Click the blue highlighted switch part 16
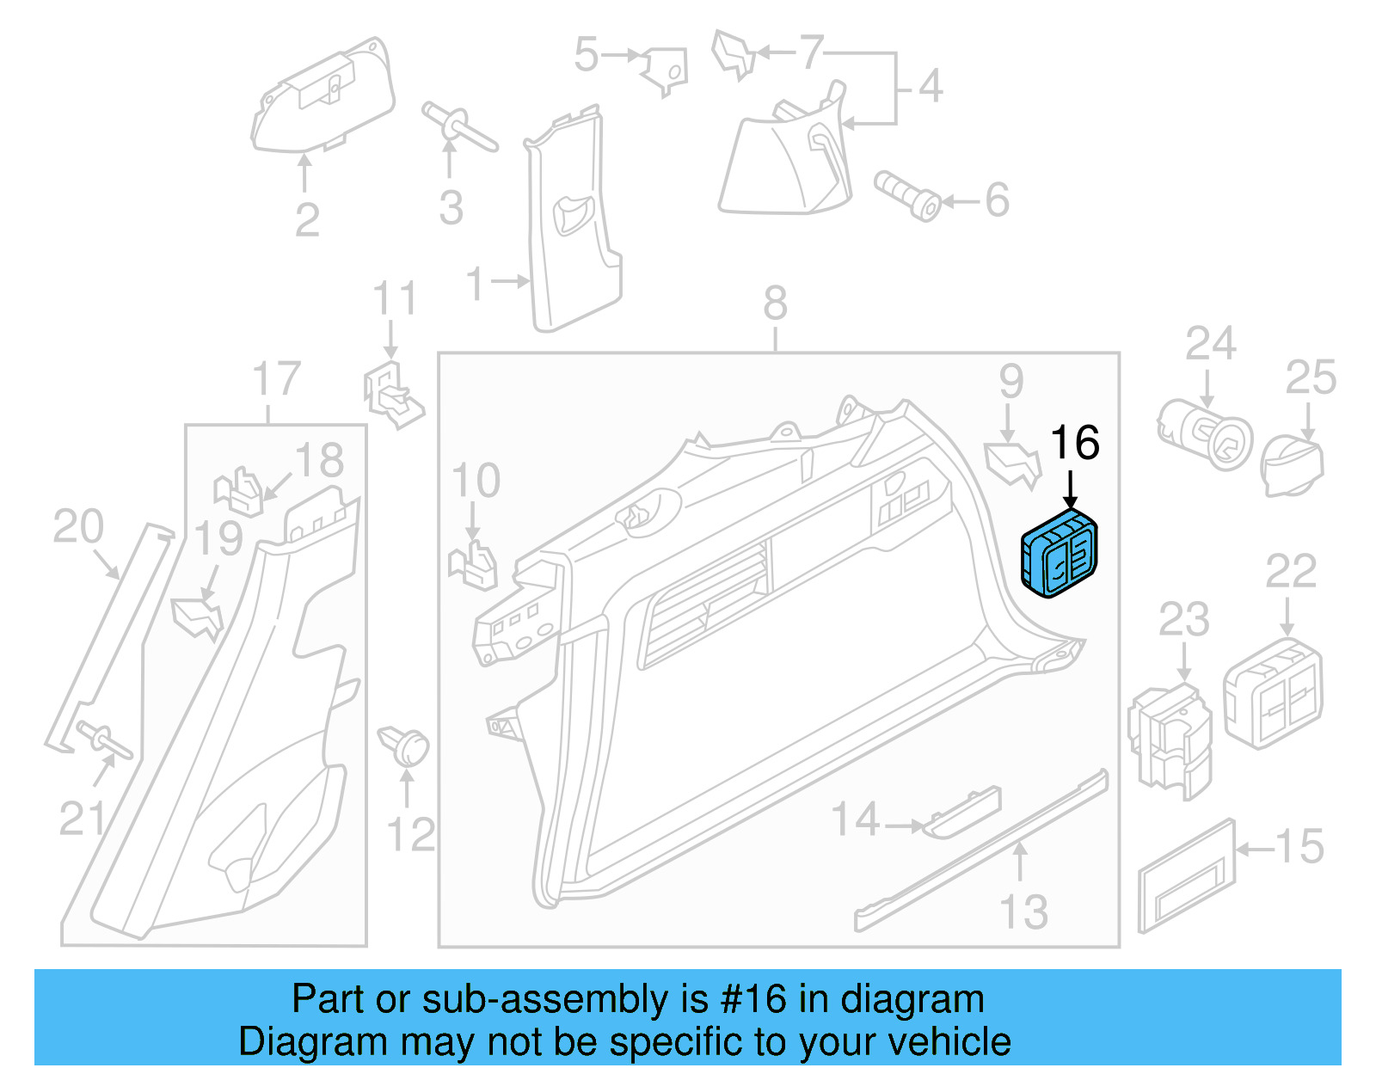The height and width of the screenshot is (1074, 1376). [x=1059, y=555]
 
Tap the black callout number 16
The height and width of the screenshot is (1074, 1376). [x=1074, y=444]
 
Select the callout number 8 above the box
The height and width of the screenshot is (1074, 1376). [x=775, y=304]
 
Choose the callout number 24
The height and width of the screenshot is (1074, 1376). [x=1210, y=344]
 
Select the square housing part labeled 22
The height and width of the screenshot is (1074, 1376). [x=1273, y=693]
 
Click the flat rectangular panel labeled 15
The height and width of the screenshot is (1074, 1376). [x=1186, y=878]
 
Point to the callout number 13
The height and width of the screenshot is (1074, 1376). [x=1023, y=912]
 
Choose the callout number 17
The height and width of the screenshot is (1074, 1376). [x=276, y=379]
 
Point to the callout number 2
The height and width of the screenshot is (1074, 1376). [x=307, y=220]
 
